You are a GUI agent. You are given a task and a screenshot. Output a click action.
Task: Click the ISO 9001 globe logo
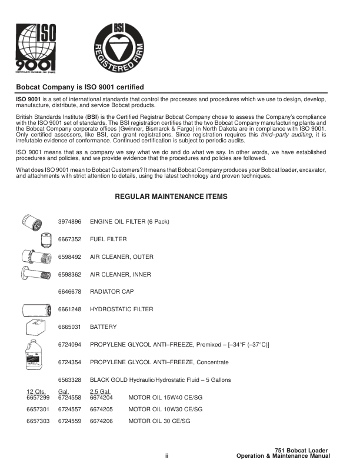pyautogui.click(x=36, y=49)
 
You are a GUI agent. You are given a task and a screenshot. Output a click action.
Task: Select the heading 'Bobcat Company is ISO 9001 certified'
pyautogui.click(x=79, y=87)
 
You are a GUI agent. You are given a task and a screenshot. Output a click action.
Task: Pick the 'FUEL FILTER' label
pyautogui.click(x=108, y=239)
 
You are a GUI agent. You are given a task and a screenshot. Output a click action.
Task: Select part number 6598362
pyautogui.click(x=69, y=274)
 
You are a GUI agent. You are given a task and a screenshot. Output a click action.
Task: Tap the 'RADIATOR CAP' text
pyautogui.click(x=112, y=291)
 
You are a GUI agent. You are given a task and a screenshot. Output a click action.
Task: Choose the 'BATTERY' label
pyautogui.click(x=103, y=327)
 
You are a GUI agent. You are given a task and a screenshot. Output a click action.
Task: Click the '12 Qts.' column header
pyautogui.click(x=36, y=391)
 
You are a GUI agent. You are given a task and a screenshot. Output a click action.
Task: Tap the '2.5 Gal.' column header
pyautogui.click(x=99, y=391)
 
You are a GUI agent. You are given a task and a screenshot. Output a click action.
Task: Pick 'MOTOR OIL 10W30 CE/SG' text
pyautogui.click(x=165, y=409)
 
